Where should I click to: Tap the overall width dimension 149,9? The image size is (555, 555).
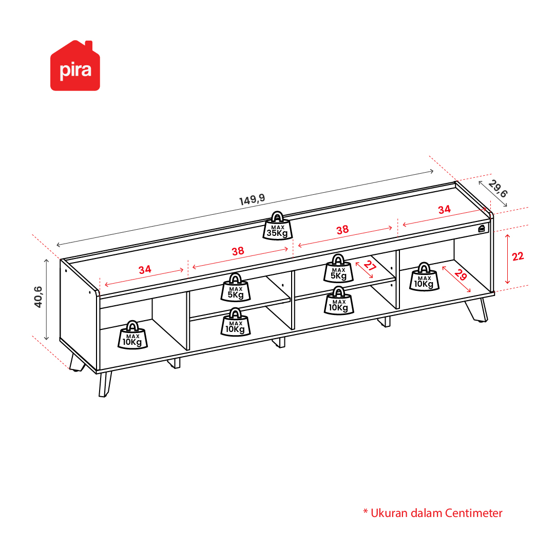tap(252, 200)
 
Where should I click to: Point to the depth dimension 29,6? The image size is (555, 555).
tap(498, 189)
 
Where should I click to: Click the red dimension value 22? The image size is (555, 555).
tap(518, 256)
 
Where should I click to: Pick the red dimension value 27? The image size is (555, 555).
tap(370, 266)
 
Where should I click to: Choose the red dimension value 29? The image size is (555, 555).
tap(461, 274)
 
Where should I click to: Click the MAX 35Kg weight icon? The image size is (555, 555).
tap(277, 226)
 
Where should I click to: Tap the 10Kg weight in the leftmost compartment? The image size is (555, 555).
tap(132, 335)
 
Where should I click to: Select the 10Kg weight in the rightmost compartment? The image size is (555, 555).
tap(424, 277)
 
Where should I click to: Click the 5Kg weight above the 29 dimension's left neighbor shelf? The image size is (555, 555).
tap(338, 268)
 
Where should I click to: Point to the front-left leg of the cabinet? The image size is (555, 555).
tap(105, 384)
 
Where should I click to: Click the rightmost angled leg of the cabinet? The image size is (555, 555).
tap(477, 310)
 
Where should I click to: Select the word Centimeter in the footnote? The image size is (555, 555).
tap(473, 513)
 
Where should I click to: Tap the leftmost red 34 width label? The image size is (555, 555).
tap(145, 270)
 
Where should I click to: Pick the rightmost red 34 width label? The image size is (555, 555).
tap(444, 210)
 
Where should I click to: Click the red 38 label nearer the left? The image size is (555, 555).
tap(238, 251)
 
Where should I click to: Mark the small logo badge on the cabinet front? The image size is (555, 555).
tap(482, 229)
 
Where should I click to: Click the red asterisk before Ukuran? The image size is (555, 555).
tap(366, 511)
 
